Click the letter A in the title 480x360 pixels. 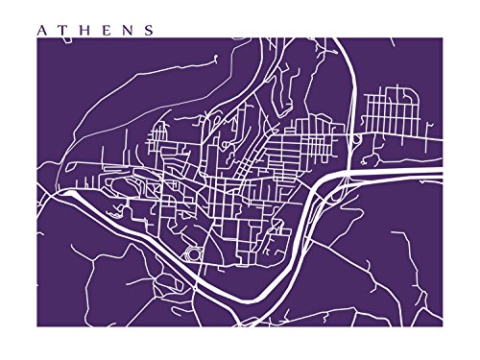[x=40, y=30]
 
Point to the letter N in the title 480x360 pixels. [x=127, y=30]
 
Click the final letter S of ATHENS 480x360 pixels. [x=148, y=30]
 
